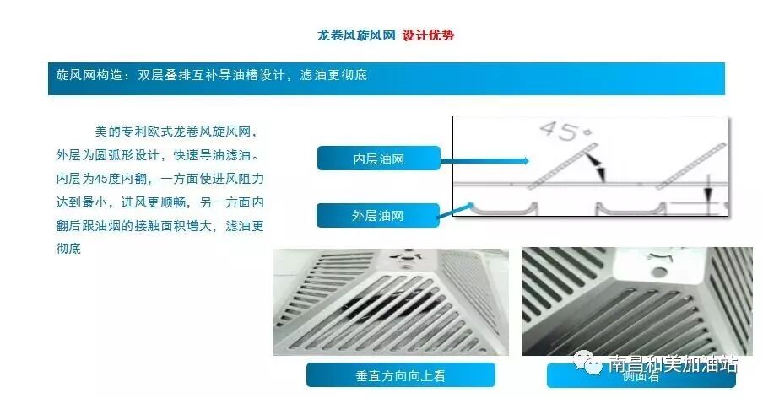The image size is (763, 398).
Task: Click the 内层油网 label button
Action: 378,159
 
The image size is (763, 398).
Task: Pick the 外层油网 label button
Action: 377,216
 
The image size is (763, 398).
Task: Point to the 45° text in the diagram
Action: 560,132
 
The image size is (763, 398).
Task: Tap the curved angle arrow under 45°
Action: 598,166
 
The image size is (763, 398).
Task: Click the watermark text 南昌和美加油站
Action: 673,363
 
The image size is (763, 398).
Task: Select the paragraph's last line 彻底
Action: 68,250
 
